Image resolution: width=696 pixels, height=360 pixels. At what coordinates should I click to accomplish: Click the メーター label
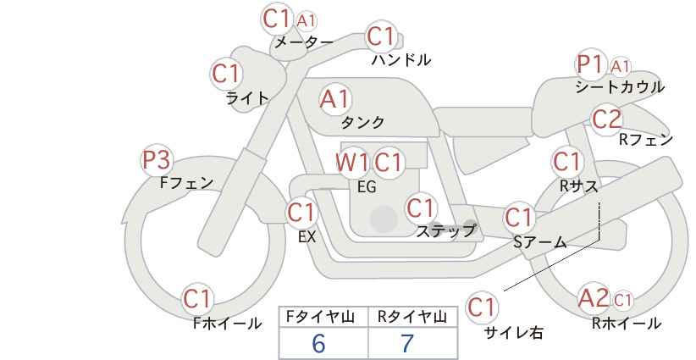pos(304,42)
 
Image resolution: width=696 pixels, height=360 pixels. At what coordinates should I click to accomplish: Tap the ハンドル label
pos(401,60)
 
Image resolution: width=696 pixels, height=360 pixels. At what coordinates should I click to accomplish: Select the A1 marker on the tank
pos(335,99)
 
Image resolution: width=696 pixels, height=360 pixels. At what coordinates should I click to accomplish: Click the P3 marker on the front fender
pos(157,160)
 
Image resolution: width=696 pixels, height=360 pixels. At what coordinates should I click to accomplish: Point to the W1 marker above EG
pos(351,163)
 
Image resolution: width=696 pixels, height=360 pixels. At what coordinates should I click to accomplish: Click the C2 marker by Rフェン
pos(607,119)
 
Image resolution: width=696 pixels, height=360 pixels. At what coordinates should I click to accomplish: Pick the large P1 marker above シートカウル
pos(591,65)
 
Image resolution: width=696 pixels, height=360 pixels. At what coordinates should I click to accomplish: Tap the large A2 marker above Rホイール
pos(594,298)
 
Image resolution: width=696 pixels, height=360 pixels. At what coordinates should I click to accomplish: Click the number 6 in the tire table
pos(319,344)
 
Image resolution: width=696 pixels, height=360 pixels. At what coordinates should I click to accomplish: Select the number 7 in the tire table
pos(407,344)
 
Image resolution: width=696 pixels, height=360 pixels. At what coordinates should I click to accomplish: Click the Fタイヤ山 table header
pos(320,318)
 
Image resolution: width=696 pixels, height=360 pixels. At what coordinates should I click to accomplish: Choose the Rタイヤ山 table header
pos(412,318)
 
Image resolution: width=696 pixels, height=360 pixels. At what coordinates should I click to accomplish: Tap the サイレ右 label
pos(513,333)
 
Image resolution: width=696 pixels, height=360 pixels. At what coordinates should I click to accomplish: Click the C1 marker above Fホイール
pos(197,299)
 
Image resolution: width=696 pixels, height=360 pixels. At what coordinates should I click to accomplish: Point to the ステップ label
pos(445,231)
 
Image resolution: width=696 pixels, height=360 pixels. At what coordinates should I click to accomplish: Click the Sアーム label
pos(540,242)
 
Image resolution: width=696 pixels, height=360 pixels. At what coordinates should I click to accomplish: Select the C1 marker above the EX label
pos(301,213)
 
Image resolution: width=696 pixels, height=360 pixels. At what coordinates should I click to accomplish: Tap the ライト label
pos(247,98)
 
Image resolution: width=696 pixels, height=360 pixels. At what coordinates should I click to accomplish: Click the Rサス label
pos(579,186)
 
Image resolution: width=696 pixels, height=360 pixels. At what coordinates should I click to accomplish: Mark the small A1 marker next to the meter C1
pos(307,20)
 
